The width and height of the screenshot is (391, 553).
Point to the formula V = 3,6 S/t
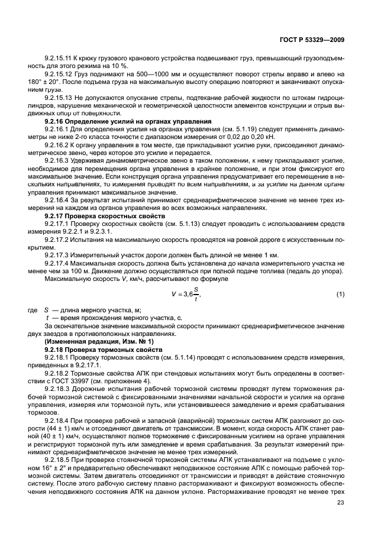click(x=184, y=295)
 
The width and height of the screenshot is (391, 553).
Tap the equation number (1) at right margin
click(x=340, y=295)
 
